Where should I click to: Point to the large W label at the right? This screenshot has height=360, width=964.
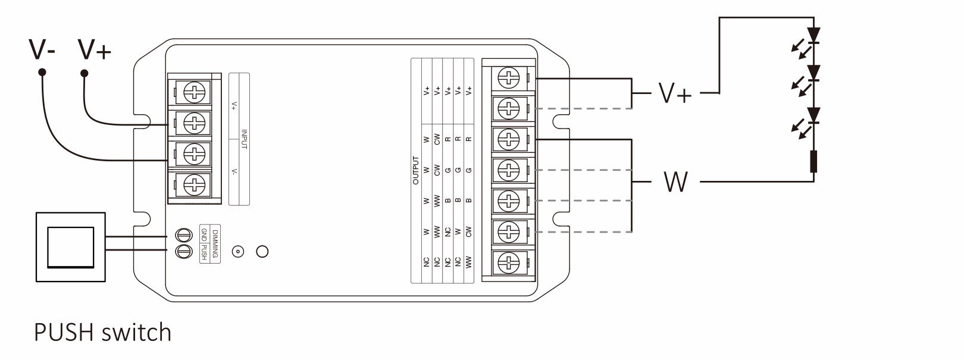pyautogui.click(x=676, y=181)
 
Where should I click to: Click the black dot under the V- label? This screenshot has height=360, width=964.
pyautogui.click(x=42, y=72)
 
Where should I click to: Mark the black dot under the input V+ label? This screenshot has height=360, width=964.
pyautogui.click(x=84, y=74)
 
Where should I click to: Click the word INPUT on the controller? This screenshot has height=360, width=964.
pyautogui.click(x=244, y=139)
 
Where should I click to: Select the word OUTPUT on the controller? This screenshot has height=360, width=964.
pyautogui.click(x=416, y=170)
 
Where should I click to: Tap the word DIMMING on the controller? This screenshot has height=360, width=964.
pyautogui.click(x=215, y=244)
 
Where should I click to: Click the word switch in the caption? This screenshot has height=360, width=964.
pyautogui.click(x=136, y=332)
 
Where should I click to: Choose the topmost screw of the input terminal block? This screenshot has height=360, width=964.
pyautogui.click(x=195, y=92)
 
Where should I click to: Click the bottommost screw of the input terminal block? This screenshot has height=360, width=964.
pyautogui.click(x=195, y=185)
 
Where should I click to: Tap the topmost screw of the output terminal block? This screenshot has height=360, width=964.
pyautogui.click(x=509, y=79)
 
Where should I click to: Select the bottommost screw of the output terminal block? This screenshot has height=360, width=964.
pyautogui.click(x=509, y=262)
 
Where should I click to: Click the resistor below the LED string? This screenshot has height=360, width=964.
pyautogui.click(x=813, y=161)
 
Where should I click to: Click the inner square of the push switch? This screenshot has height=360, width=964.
pyautogui.click(x=71, y=247)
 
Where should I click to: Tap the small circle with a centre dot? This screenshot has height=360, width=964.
pyautogui.click(x=238, y=252)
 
